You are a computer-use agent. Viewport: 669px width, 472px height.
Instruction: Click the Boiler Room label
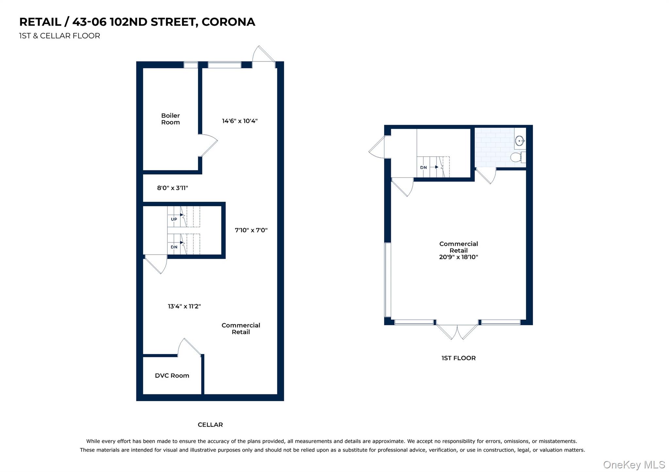point(170,119)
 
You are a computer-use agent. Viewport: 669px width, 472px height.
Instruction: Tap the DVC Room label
point(172,375)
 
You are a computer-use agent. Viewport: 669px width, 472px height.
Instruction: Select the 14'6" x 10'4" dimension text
point(239,121)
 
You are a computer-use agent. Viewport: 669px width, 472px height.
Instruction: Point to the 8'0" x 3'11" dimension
point(172,188)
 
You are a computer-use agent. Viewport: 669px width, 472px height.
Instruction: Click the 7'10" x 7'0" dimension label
point(251,230)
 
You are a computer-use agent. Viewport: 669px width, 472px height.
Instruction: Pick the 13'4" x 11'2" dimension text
point(184,306)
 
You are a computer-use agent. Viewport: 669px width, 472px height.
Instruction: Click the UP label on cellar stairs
point(174,219)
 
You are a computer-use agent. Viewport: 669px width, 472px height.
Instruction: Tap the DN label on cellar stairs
point(174,247)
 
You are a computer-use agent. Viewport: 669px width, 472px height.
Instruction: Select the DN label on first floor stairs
point(423,167)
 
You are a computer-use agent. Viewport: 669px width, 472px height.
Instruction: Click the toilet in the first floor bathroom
point(517,157)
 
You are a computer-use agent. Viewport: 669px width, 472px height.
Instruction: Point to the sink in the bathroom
point(519,141)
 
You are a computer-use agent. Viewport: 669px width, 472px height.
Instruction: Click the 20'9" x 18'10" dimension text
point(458,257)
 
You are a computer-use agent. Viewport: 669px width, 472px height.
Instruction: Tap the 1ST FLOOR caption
point(458,358)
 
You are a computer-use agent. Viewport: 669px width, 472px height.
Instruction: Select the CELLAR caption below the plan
point(210,425)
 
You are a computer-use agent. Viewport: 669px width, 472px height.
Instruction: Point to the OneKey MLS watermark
point(634,464)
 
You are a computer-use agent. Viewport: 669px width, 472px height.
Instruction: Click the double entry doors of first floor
point(457,331)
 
